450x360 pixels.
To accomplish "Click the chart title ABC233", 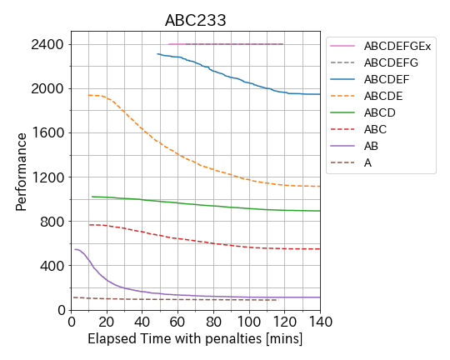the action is tap(196, 20).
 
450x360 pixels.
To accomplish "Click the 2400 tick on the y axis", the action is tap(47, 44).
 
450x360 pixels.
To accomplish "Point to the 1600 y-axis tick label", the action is tap(47, 133).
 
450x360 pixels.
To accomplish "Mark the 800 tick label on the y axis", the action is tap(52, 222).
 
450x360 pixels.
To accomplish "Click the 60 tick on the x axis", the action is tap(177, 322).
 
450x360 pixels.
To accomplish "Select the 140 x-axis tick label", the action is tap(320, 322).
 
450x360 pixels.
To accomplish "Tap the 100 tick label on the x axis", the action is tap(249, 322).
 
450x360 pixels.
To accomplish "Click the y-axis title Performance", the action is tap(21, 172).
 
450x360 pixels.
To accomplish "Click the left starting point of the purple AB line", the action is tap(75, 249).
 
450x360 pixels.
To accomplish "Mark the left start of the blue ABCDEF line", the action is tap(157, 53).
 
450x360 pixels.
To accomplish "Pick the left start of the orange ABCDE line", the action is tap(88, 95).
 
